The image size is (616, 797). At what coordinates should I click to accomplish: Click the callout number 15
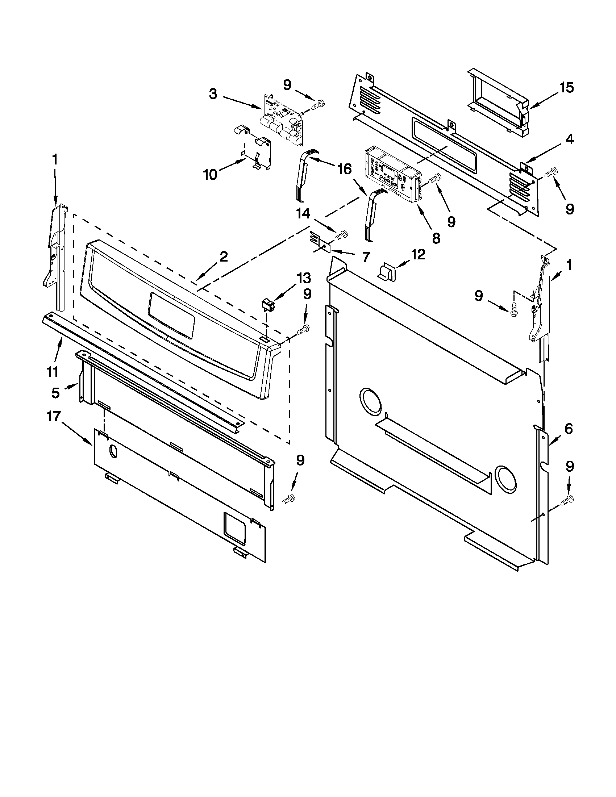tap(566, 88)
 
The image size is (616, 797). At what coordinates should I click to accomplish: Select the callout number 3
tap(213, 94)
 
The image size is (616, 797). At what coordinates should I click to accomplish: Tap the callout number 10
tap(210, 175)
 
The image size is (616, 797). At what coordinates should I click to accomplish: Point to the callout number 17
tap(53, 416)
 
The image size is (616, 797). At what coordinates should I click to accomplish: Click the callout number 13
tap(304, 278)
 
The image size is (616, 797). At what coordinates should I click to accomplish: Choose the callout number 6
tap(568, 429)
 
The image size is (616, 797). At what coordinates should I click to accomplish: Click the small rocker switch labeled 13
tap(269, 305)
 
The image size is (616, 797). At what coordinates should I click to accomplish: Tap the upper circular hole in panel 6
tap(370, 404)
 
